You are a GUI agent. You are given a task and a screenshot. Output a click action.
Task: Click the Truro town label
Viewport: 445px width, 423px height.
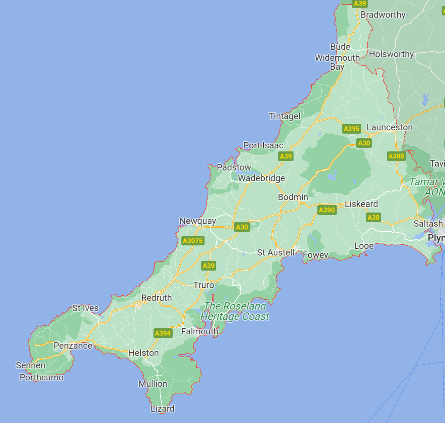pyautogui.click(x=204, y=285)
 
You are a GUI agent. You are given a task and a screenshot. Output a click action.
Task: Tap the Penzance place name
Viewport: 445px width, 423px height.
pyautogui.click(x=73, y=345)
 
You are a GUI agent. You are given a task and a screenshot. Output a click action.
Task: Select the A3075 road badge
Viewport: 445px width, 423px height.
pyautogui.click(x=193, y=241)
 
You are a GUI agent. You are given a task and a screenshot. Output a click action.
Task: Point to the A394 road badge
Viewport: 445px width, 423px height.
pyautogui.click(x=163, y=333)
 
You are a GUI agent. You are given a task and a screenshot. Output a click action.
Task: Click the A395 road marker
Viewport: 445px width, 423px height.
pyautogui.click(x=352, y=129)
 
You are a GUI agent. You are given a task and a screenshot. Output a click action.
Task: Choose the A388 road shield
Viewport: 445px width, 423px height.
pyautogui.click(x=396, y=156)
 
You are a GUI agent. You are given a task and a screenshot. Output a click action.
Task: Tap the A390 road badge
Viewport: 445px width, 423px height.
pyautogui.click(x=327, y=210)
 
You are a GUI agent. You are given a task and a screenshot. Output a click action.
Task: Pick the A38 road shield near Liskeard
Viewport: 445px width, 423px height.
pyautogui.click(x=373, y=217)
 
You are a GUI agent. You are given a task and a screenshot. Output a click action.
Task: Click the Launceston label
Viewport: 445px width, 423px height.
pyautogui.click(x=390, y=127)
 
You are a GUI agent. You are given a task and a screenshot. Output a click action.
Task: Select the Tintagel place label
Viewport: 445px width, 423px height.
pyautogui.click(x=284, y=116)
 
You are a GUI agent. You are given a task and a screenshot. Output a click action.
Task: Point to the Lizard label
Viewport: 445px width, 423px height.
pyautogui.click(x=163, y=409)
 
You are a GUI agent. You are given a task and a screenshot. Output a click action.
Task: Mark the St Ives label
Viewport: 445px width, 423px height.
pyautogui.click(x=85, y=308)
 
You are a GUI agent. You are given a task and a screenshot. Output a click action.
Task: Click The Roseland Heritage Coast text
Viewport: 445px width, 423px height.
pyautogui.click(x=235, y=311)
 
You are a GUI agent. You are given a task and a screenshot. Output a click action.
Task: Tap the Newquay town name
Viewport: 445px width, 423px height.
pyautogui.click(x=197, y=221)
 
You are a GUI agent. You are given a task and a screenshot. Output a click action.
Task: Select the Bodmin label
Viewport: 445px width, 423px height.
pyautogui.click(x=293, y=197)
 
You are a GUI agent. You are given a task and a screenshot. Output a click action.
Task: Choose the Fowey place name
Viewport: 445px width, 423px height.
pyautogui.click(x=315, y=255)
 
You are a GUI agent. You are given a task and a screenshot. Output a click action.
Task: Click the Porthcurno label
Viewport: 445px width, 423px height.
pyautogui.click(x=42, y=377)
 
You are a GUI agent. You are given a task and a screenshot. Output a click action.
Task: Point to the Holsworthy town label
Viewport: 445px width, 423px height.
pyautogui.click(x=391, y=54)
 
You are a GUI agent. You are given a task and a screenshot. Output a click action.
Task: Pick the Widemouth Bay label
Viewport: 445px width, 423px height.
pyautogui.click(x=337, y=62)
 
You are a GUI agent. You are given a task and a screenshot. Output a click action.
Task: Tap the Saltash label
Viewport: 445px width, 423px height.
pyautogui.click(x=428, y=224)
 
